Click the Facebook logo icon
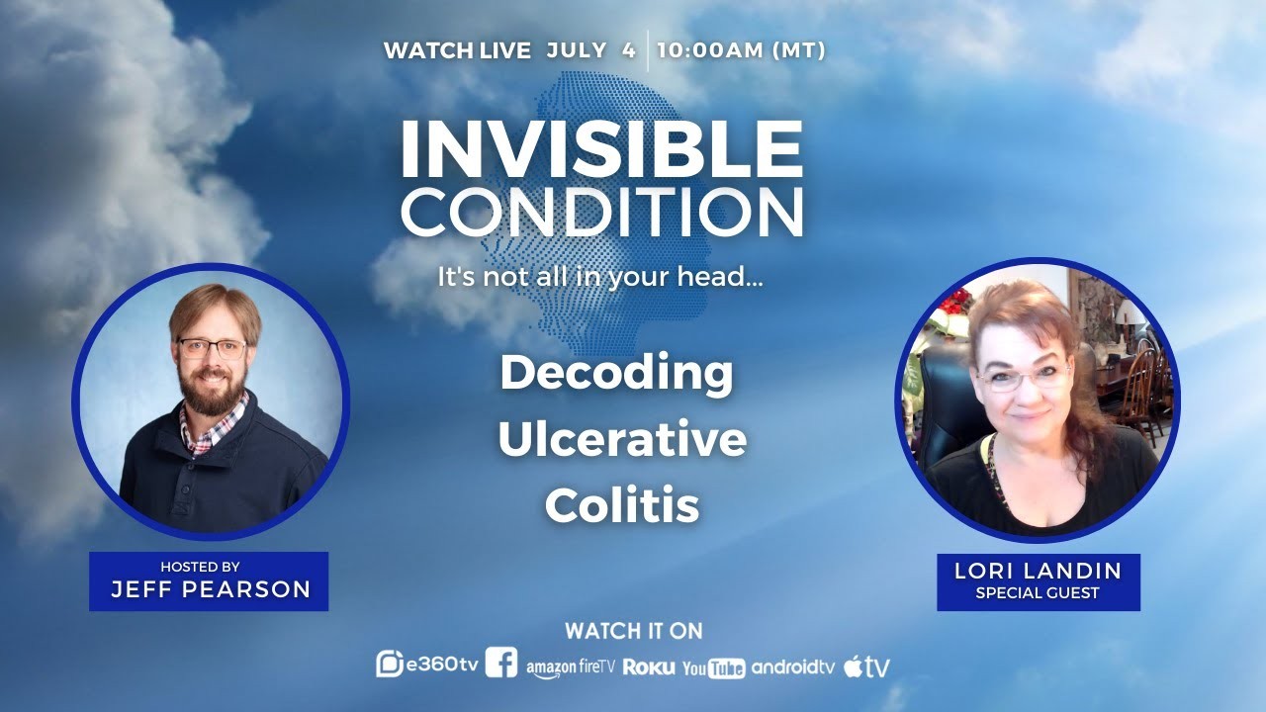(x=501, y=663)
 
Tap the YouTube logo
(x=714, y=668)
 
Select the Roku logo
(x=649, y=667)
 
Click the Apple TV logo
(x=867, y=667)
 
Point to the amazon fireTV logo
(x=571, y=668)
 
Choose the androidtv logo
(x=793, y=667)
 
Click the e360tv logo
(x=427, y=665)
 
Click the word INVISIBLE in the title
(x=602, y=148)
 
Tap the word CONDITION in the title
(x=602, y=211)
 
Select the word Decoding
(x=616, y=375)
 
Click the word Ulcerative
(x=622, y=439)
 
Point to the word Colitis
(x=622, y=504)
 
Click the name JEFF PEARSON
(x=211, y=589)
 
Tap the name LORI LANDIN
(x=1039, y=571)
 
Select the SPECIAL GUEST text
(x=1038, y=592)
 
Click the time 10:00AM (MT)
(x=742, y=50)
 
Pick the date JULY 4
(x=591, y=50)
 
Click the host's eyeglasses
(x=213, y=348)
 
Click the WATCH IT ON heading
(x=634, y=631)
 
